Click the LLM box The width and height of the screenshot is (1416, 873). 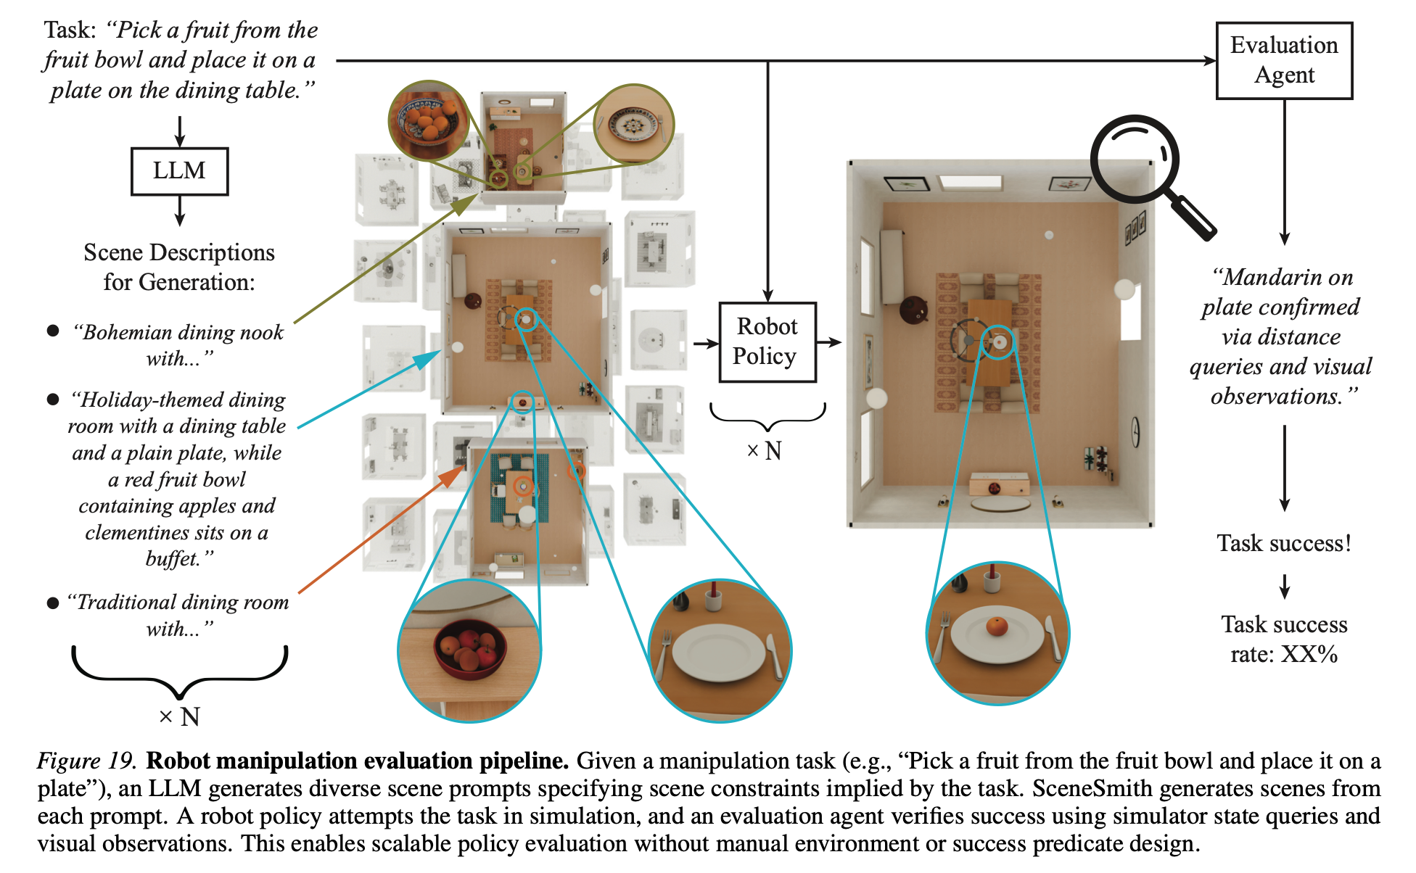pos(179,171)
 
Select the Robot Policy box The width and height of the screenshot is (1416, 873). pos(767,342)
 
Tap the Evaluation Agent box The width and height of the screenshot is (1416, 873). pos(1284,60)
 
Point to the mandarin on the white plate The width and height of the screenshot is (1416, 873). pos(997,626)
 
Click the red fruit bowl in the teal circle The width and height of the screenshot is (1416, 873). pos(469,647)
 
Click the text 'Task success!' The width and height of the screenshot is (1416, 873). pos(1284,543)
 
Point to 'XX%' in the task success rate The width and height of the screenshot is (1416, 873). pos(1309,654)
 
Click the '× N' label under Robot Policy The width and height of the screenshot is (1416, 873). pos(765,451)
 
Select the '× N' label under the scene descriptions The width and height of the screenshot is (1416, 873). pos(179,717)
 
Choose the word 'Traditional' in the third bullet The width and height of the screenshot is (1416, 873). pos(121,602)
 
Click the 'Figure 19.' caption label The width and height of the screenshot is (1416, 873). pos(86,761)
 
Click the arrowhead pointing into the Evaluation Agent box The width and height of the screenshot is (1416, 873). pos(1210,61)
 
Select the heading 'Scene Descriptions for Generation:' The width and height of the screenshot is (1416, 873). pos(179,267)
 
